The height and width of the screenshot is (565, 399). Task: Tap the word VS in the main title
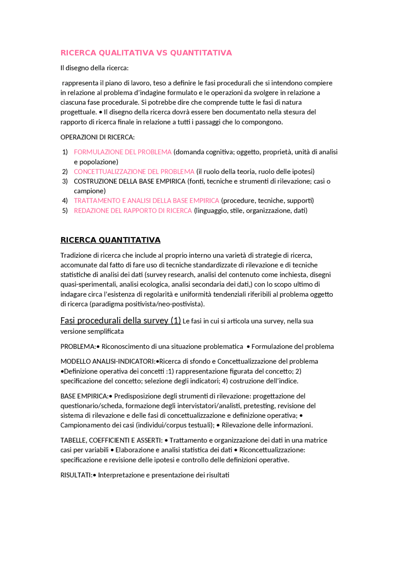(162, 53)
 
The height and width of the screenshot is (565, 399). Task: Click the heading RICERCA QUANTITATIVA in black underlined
(110, 240)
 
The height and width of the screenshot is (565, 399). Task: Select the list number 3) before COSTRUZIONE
(65, 181)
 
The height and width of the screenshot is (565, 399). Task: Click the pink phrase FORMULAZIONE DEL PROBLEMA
(123, 152)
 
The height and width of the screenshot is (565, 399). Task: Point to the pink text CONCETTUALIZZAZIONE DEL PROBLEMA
(134, 172)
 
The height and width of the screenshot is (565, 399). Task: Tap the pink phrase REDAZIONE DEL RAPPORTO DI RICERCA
(133, 211)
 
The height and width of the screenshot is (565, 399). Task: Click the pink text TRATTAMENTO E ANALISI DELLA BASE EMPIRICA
(147, 201)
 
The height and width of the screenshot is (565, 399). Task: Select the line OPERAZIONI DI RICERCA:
(98, 137)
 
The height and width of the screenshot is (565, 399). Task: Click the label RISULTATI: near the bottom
(76, 475)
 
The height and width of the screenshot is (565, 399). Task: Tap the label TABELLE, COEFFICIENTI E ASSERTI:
(111, 440)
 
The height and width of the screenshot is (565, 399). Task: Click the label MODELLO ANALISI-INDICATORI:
(108, 361)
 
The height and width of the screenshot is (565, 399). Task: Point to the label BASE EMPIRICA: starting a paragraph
(84, 396)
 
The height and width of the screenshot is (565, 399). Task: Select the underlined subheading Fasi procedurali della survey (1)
(121, 321)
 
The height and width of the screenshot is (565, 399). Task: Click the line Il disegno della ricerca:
(94, 68)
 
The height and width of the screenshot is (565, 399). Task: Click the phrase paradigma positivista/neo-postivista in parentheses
(147, 304)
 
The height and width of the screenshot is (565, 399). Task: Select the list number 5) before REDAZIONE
(65, 211)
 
